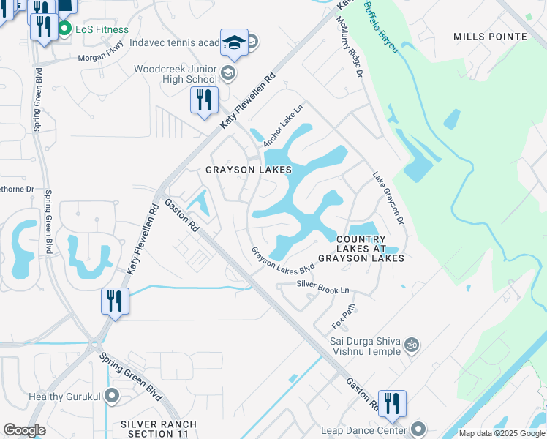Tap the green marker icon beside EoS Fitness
click(64, 29)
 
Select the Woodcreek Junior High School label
click(176, 74)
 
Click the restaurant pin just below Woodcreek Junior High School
click(204, 100)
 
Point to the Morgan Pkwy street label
click(97, 52)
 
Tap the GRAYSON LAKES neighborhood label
click(248, 170)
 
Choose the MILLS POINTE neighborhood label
click(490, 37)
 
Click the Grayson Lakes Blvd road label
click(282, 260)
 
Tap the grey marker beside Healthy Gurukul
click(112, 397)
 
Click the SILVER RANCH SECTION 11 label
click(159, 429)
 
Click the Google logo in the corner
click(24, 430)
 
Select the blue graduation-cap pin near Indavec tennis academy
click(235, 42)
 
